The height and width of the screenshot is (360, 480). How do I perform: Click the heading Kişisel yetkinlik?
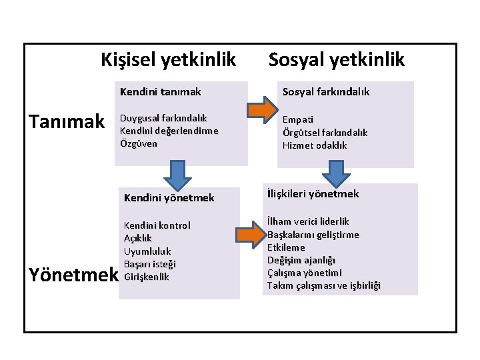click(168, 60)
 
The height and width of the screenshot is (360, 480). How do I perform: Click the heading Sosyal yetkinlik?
click(336, 60)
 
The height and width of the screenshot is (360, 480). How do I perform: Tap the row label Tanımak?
click(67, 121)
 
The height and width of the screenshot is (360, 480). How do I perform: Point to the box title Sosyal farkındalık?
click(325, 91)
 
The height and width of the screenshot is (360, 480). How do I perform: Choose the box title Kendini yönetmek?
click(169, 197)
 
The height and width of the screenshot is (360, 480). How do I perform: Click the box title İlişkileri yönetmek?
click(313, 194)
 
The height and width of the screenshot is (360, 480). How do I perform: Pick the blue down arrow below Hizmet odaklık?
click(337, 175)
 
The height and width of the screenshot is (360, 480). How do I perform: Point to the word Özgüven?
click(138, 143)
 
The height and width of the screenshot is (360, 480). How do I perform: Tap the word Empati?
click(298, 120)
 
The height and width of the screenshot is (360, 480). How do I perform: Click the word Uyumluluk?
click(147, 251)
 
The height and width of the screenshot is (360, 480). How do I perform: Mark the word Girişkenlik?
click(147, 277)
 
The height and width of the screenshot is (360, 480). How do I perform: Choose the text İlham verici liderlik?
click(308, 221)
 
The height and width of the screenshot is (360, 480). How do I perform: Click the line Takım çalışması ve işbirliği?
click(324, 285)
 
